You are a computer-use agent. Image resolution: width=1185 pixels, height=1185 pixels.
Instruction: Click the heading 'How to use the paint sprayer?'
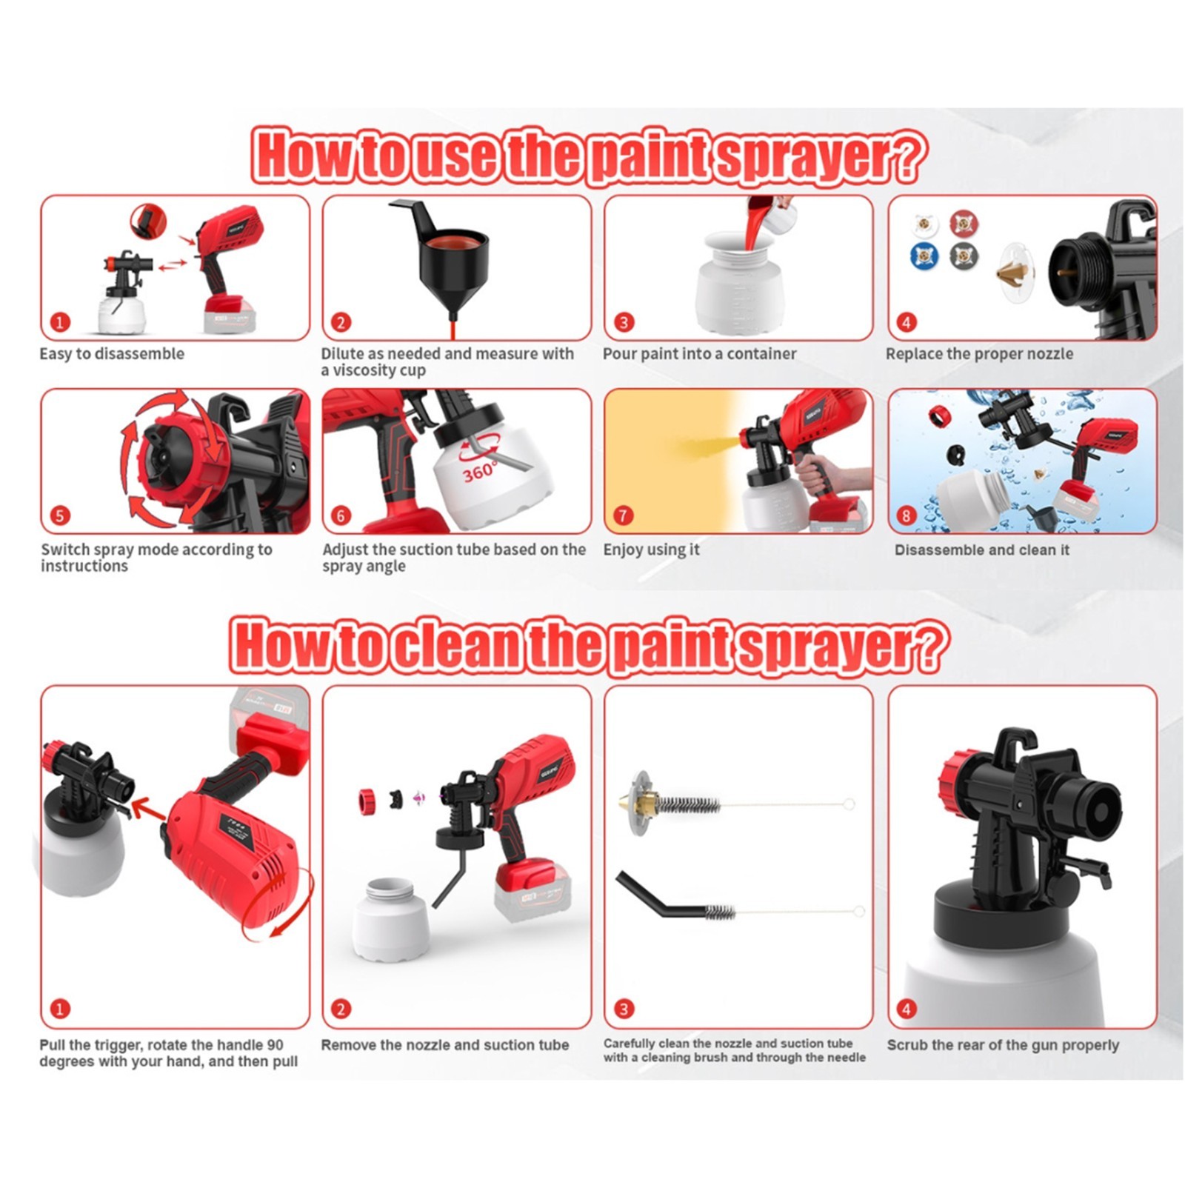(x=589, y=156)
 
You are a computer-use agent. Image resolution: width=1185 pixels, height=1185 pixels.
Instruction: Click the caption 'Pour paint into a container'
(x=699, y=354)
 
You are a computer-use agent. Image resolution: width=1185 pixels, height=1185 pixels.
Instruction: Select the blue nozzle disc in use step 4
(x=924, y=256)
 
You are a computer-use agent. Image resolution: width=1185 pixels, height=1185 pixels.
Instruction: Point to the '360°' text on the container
(x=479, y=472)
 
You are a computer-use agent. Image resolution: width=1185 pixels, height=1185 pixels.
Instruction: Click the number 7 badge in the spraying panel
(x=624, y=515)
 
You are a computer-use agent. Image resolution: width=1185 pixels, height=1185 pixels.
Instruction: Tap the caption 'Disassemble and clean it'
(x=981, y=550)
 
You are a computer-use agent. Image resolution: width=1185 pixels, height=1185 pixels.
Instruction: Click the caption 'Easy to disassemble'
(x=112, y=354)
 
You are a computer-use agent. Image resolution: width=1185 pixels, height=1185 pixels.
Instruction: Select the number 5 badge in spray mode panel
(x=60, y=515)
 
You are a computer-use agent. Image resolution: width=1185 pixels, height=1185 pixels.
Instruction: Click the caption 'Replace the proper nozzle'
(x=979, y=354)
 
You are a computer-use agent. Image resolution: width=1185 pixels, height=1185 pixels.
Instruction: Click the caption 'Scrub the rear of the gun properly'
(x=1003, y=1045)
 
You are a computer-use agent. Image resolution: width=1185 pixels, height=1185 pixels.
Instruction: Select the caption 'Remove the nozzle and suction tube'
(x=444, y=1045)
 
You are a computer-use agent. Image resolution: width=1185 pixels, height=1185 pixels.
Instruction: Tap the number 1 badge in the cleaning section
(x=60, y=1008)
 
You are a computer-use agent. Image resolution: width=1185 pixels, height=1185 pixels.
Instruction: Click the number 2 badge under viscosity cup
(x=341, y=322)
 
